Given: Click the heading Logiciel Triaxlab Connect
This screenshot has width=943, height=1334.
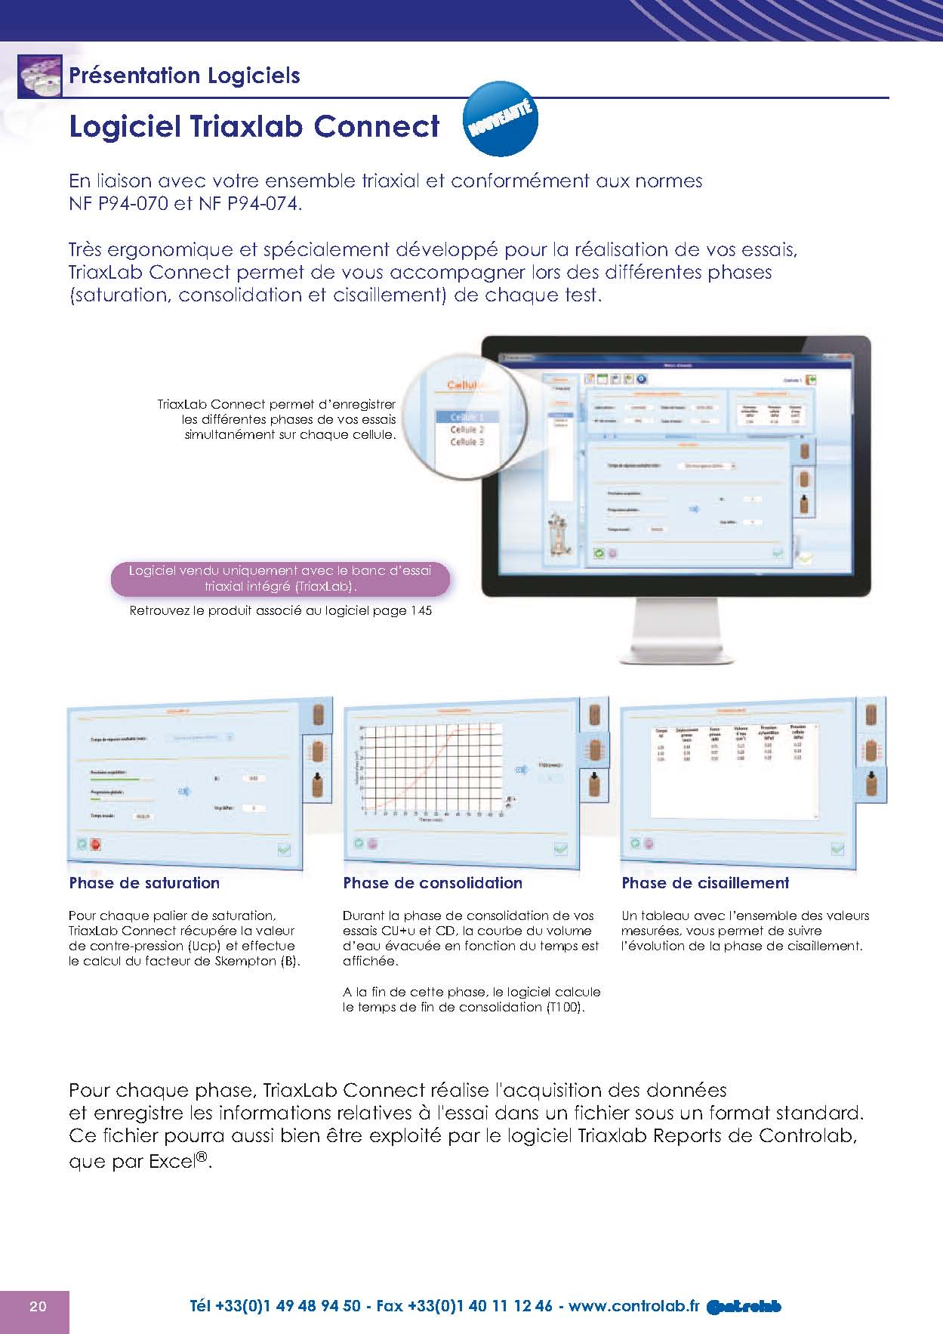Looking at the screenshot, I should [254, 127].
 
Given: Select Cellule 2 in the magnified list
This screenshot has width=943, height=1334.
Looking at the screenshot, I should [467, 430].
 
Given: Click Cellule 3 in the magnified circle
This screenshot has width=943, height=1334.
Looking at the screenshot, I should [467, 442].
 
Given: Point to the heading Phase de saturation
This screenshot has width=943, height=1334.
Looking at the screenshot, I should [144, 883].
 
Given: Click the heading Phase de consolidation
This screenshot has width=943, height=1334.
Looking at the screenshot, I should [433, 883].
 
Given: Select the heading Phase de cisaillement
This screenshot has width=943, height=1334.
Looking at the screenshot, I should [705, 883].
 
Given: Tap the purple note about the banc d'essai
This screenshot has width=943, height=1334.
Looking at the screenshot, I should [280, 579].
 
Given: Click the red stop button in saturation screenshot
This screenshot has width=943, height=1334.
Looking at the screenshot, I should [96, 845].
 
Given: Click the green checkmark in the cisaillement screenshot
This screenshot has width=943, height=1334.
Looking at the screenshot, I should [837, 848].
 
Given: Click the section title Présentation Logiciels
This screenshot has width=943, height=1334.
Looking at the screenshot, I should [184, 76].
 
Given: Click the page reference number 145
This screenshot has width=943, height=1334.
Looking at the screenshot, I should [421, 611].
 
